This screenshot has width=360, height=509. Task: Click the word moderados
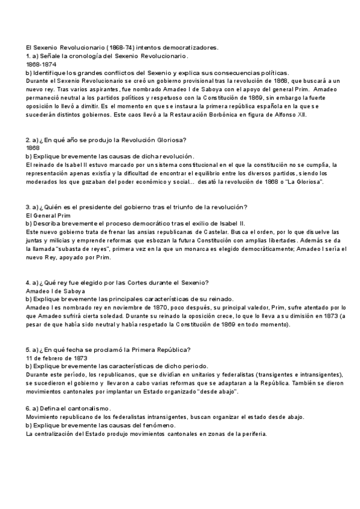(44, 181)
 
